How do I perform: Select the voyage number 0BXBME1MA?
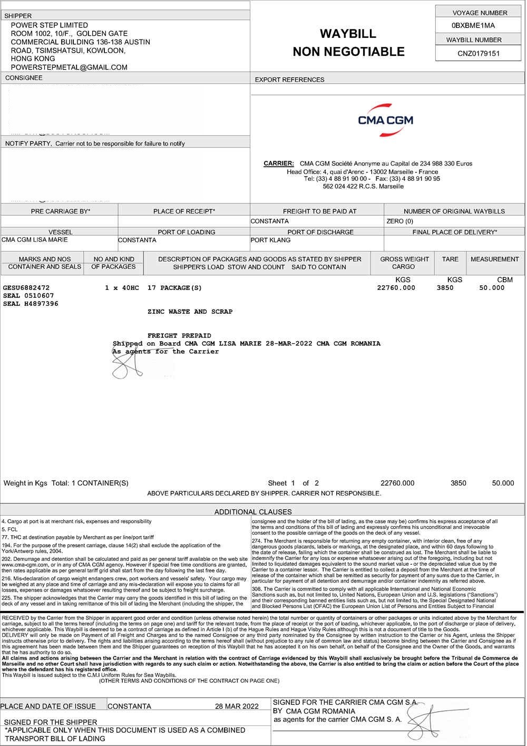coord(473,25)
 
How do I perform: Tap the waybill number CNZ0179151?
coord(479,53)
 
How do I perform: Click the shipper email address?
coord(69,67)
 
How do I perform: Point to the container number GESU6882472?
coord(26,288)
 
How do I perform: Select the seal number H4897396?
coord(31,304)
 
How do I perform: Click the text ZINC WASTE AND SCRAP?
coord(190,312)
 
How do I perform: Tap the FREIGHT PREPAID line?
coord(179,336)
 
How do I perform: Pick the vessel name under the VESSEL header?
coord(35,240)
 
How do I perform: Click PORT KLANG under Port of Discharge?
coord(270,240)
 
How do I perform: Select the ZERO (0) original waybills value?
coord(399,221)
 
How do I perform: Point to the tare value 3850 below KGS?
coord(445,288)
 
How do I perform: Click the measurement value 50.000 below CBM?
coord(492,288)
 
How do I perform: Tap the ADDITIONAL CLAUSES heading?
coord(253,511)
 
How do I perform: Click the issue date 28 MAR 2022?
coord(237,706)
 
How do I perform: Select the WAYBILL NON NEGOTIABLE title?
coord(348,43)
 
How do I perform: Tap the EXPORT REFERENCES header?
coord(289,80)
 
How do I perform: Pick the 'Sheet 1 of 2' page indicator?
coord(293,483)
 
